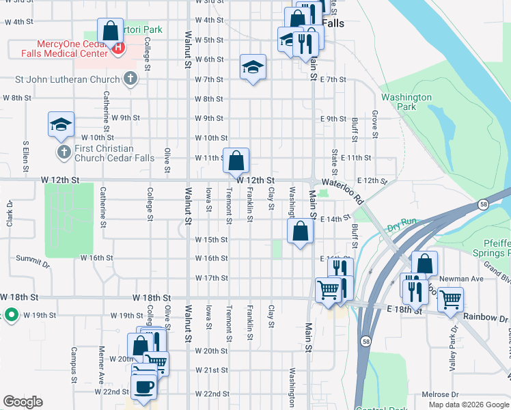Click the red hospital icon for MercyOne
tap(119, 49)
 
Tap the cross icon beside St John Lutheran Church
tap(130, 79)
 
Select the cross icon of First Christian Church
tap(63, 150)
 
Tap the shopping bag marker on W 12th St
tap(236, 161)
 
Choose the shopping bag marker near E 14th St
tap(300, 232)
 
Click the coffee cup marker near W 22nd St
tap(143, 387)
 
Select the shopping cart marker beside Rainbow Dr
tap(450, 299)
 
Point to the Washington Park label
tap(406, 102)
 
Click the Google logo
tap(23, 401)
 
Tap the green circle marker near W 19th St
tap(10, 315)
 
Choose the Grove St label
tap(374, 123)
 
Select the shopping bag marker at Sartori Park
tap(110, 31)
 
